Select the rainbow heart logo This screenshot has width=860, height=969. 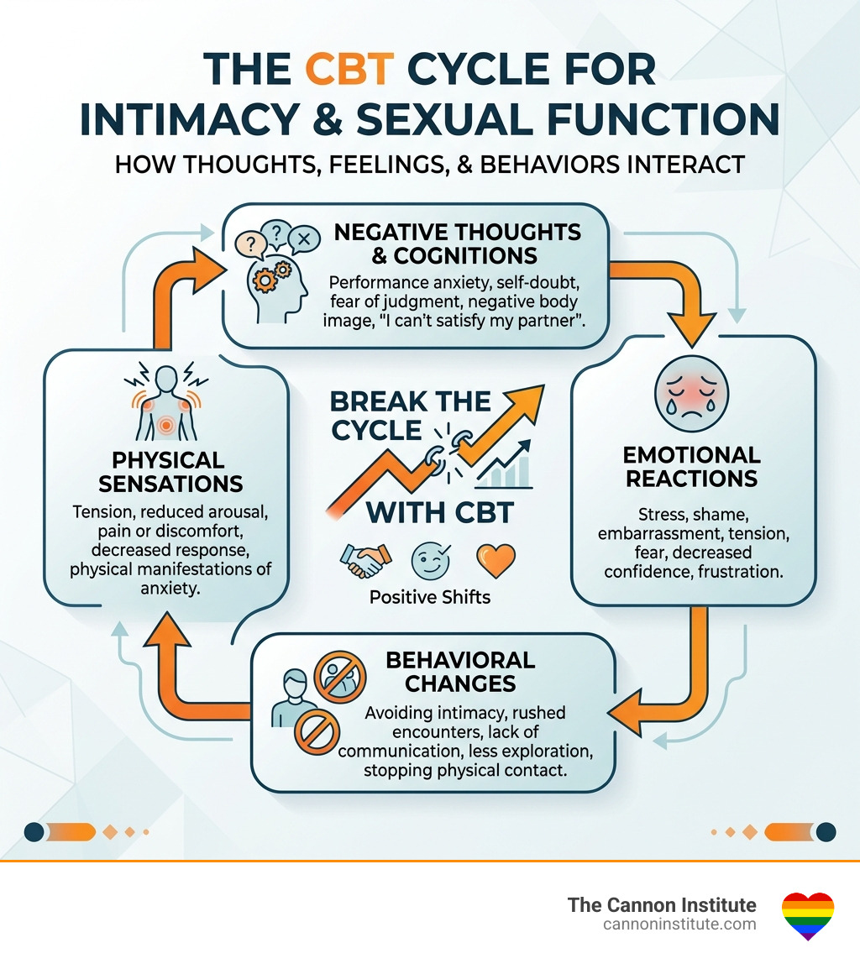click(x=807, y=915)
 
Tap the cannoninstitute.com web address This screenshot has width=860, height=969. click(x=679, y=924)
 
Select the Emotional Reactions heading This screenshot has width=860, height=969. click(x=691, y=467)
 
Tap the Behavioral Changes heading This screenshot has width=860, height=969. click(x=459, y=672)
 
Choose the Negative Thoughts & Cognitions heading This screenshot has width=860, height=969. click(x=457, y=244)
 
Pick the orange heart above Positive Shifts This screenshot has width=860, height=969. click(x=495, y=559)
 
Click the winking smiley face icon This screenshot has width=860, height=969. click(x=428, y=559)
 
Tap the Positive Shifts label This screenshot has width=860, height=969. click(x=428, y=598)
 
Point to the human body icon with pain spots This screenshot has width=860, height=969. click(x=165, y=403)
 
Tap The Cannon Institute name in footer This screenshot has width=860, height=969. click(x=662, y=905)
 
